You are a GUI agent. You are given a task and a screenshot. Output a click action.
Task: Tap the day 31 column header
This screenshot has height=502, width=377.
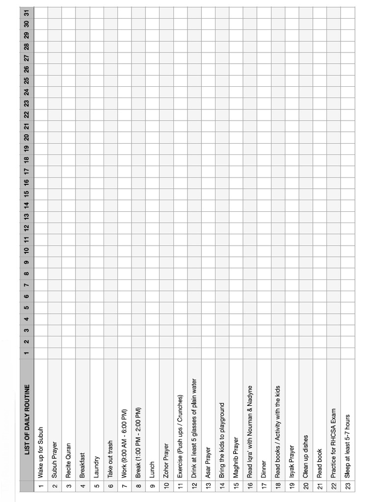(x=27, y=13)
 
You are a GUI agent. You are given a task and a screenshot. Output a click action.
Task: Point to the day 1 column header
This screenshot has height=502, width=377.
(x=27, y=352)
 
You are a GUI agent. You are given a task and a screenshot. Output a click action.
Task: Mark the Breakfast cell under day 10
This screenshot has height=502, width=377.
(x=82, y=250)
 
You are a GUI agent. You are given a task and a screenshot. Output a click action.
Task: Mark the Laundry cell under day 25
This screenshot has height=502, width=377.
(x=96, y=80)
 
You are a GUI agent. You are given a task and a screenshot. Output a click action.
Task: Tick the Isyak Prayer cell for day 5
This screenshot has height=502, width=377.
(x=292, y=307)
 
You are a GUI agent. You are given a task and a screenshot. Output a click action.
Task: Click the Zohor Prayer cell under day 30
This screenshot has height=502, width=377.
(x=166, y=24)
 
